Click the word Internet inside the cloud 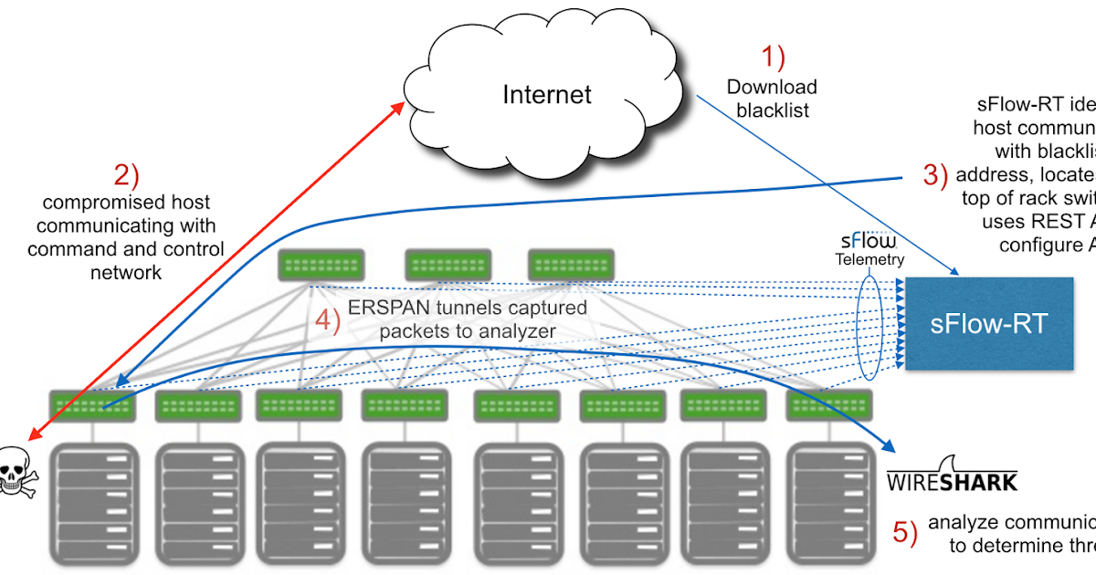tap(547, 94)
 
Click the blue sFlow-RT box tap(988, 323)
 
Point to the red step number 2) tap(126, 173)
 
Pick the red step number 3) tap(934, 174)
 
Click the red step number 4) tap(327, 321)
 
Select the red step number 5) tap(904, 533)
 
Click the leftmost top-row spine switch tap(321, 266)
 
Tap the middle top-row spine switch tap(444, 266)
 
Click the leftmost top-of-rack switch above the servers tap(92, 405)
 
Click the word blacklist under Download tap(772, 111)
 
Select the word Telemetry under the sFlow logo tap(869, 258)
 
